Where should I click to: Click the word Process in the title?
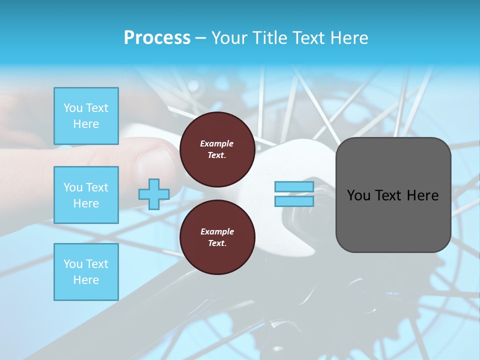pyautogui.click(x=157, y=38)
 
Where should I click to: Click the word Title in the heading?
pyautogui.click(x=270, y=38)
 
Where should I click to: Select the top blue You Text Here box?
pyautogui.click(x=86, y=116)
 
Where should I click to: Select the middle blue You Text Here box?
pyautogui.click(x=86, y=195)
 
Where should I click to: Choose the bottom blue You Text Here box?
pyautogui.click(x=86, y=272)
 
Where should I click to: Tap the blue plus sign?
pyautogui.click(x=153, y=194)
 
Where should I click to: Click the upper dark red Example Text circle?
pyautogui.click(x=217, y=149)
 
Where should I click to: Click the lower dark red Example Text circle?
pyautogui.click(x=217, y=237)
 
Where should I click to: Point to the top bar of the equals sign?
pyautogui.click(x=294, y=187)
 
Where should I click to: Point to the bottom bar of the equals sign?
pyautogui.click(x=294, y=201)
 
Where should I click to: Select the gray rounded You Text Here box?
pyautogui.click(x=393, y=195)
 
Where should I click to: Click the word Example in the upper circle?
pyautogui.click(x=216, y=143)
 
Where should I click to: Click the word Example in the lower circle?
pyautogui.click(x=217, y=231)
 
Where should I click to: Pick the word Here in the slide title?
pyautogui.click(x=350, y=38)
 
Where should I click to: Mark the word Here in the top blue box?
pyautogui.click(x=86, y=124)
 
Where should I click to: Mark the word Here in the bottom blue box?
pyautogui.click(x=86, y=280)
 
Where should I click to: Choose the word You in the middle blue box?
pyautogui.click(x=72, y=187)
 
